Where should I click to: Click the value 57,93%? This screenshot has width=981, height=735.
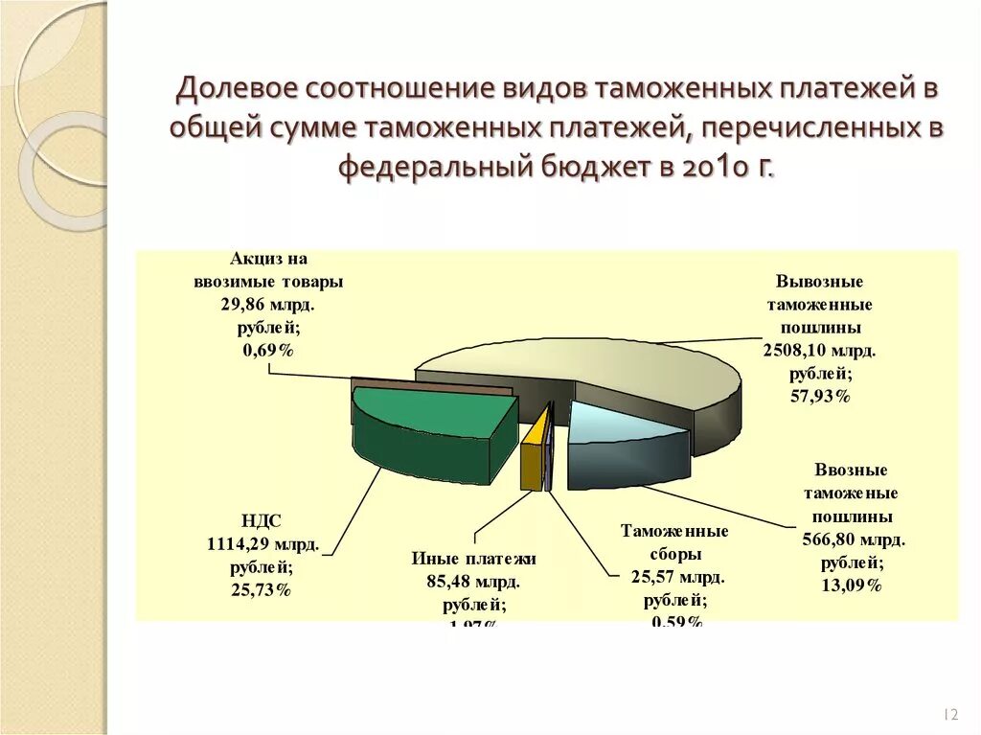click(x=819, y=396)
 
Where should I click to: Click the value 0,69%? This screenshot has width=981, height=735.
click(x=267, y=351)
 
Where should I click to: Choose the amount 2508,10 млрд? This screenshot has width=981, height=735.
click(x=819, y=351)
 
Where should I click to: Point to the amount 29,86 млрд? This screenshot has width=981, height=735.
click(x=267, y=305)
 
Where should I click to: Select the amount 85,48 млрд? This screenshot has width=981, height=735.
click(x=473, y=582)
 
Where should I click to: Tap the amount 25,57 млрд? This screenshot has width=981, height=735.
click(x=677, y=577)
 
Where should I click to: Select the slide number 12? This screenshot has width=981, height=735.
click(x=951, y=715)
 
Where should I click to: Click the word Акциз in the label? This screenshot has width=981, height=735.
click(x=253, y=259)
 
